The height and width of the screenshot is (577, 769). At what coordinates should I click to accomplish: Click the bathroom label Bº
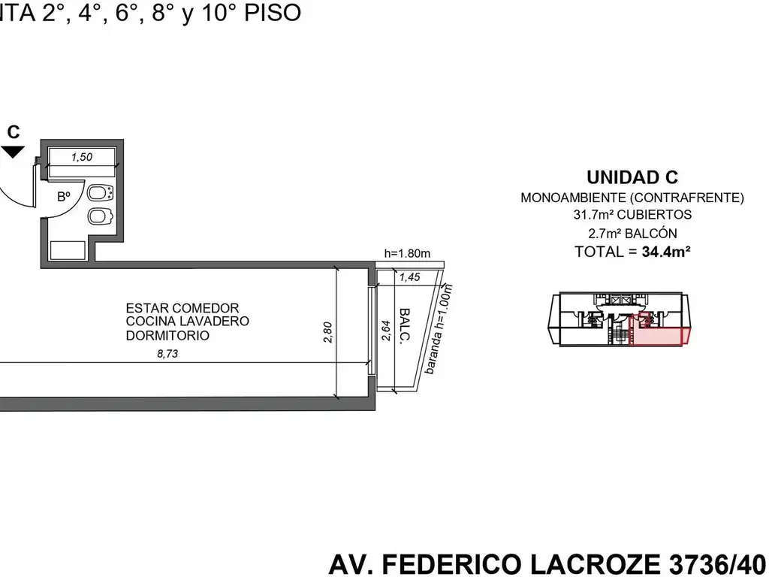64,197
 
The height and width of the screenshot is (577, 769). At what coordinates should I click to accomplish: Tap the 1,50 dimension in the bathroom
81,157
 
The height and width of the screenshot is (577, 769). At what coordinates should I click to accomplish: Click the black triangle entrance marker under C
13,152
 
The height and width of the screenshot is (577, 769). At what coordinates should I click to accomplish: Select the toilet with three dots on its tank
101,193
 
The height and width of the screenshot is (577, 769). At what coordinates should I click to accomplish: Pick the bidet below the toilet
101,216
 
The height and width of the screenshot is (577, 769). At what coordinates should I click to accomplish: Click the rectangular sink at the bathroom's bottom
68,250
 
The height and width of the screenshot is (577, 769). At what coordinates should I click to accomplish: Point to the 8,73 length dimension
167,353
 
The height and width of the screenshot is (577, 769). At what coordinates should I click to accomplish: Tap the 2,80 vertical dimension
327,332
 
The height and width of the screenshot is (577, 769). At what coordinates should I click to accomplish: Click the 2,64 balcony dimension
385,331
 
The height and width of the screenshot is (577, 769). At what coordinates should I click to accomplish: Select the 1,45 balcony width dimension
409,277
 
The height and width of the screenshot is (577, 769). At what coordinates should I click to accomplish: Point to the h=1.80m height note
407,253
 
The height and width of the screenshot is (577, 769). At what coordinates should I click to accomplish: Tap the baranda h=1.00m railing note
438,329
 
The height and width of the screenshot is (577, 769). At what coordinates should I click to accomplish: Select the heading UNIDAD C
632,177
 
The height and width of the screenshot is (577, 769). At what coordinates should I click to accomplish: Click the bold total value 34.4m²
666,252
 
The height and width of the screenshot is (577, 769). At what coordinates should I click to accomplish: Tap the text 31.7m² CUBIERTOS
632,214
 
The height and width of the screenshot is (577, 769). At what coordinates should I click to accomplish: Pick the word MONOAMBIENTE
573,198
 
